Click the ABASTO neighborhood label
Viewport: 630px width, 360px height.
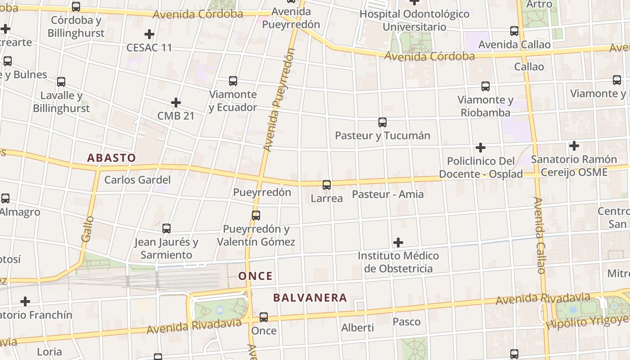(x=111, y=158)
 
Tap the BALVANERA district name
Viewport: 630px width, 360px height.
(x=310, y=298)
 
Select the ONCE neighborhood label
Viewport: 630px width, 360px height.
(x=255, y=276)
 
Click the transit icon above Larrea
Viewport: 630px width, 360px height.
(x=327, y=184)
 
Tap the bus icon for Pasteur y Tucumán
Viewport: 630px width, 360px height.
(x=382, y=122)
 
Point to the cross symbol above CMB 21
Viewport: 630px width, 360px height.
(x=176, y=103)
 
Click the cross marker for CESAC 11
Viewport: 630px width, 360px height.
(x=149, y=34)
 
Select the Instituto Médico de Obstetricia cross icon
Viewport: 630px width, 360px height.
(x=398, y=243)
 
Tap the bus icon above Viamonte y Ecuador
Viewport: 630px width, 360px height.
(x=233, y=81)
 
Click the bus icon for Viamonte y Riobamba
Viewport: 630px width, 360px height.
(x=485, y=86)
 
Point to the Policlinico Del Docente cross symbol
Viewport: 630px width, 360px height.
(x=481, y=147)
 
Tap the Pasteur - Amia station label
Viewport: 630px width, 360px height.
(x=387, y=194)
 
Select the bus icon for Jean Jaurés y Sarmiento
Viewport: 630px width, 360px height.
(x=166, y=229)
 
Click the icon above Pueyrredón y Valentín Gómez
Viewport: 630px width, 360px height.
(x=256, y=216)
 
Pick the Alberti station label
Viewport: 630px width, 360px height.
(x=357, y=328)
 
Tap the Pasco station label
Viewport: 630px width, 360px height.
(x=406, y=322)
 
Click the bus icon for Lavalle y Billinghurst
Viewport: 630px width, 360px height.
(x=61, y=82)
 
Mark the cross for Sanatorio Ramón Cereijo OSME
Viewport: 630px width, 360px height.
(x=574, y=146)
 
